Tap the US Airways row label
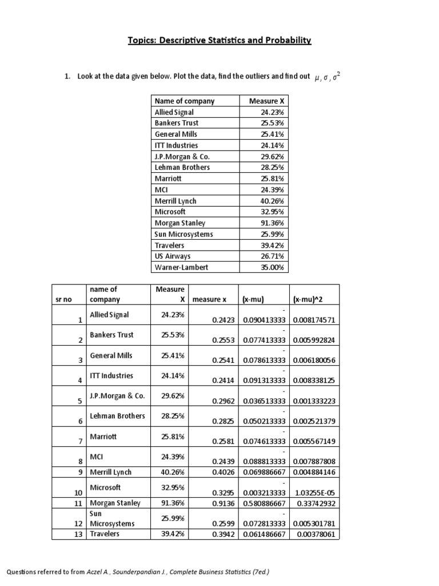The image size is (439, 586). coord(173,256)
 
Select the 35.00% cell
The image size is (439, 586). coord(272,267)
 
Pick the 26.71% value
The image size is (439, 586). coord(272,256)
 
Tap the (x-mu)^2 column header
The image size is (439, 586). coord(308,299)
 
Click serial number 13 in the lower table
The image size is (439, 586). coord(79,534)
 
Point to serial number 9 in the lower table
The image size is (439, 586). coord(81,472)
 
